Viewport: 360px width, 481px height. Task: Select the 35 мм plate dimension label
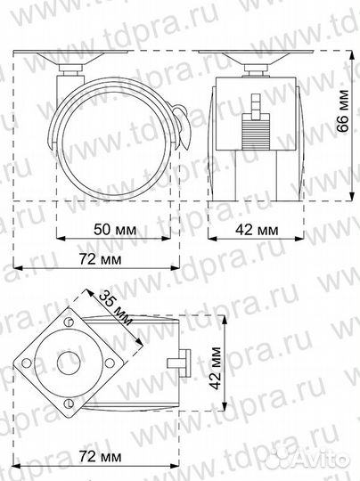tap(116, 308)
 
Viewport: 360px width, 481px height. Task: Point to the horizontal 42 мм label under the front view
tap(255, 230)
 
